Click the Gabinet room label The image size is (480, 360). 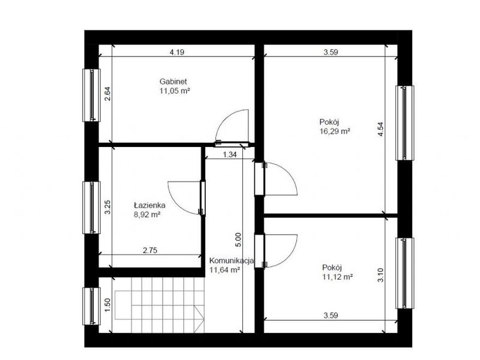[x=173, y=82]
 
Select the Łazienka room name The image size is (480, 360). [x=149, y=205]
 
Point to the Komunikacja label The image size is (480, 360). [x=232, y=261]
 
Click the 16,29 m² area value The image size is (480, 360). [x=335, y=131]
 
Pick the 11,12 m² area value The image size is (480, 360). [x=337, y=277]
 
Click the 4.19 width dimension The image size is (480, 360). [x=177, y=52]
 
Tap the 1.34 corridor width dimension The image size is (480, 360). [x=230, y=155]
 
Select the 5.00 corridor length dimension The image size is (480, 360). [x=238, y=240]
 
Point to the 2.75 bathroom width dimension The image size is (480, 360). [x=150, y=250]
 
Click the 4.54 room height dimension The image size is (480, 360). [x=380, y=130]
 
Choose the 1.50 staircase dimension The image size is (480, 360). [x=107, y=305]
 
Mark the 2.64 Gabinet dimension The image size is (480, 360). [x=107, y=94]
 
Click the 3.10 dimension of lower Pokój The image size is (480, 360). [x=380, y=275]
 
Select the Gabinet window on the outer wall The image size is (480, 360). [x=91, y=95]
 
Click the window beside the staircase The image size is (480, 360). [x=91, y=306]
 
